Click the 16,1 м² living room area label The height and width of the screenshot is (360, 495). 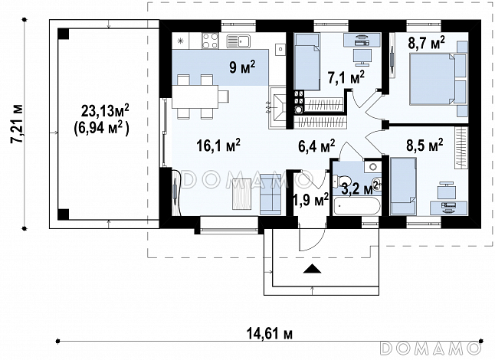[x=218, y=146]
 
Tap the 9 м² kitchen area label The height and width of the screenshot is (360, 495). [x=242, y=67]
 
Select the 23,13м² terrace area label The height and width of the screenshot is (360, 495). [x=105, y=110]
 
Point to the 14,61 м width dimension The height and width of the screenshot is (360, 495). [x=269, y=333]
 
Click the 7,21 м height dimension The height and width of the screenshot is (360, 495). [x=17, y=123]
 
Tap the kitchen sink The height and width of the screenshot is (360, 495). [x=238, y=41]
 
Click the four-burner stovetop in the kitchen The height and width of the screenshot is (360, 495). [x=210, y=41]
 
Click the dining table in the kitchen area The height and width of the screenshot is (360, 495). [x=195, y=97]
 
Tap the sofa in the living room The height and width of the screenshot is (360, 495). [x=270, y=194]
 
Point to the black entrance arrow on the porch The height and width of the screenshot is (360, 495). [x=312, y=269]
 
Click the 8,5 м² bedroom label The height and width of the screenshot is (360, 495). [x=425, y=145]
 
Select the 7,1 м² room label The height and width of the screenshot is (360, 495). [x=346, y=77]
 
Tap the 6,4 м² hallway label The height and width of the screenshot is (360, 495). [x=316, y=146]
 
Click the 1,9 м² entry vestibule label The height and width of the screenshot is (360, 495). [x=311, y=199]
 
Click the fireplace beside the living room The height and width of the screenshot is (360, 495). [x=278, y=107]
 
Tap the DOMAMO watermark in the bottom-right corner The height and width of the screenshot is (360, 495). [x=431, y=348]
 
